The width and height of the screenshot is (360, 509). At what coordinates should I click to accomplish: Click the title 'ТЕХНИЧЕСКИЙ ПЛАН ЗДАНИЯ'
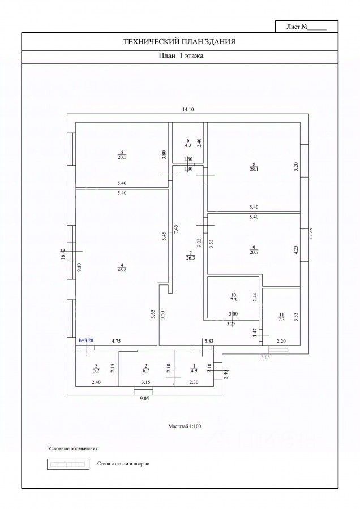[179, 41]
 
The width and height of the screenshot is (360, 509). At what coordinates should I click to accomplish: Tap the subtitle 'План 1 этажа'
[179, 56]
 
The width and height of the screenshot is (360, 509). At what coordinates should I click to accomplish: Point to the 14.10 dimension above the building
[188, 110]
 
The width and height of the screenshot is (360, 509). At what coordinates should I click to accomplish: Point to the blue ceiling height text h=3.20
[88, 340]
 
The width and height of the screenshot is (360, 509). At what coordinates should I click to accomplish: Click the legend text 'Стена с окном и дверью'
[122, 464]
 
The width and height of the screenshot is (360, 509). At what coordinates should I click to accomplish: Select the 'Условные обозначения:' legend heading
[74, 448]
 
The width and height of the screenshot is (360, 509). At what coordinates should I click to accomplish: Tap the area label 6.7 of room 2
[145, 370]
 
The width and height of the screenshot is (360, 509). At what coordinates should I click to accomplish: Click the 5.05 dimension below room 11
[266, 358]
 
